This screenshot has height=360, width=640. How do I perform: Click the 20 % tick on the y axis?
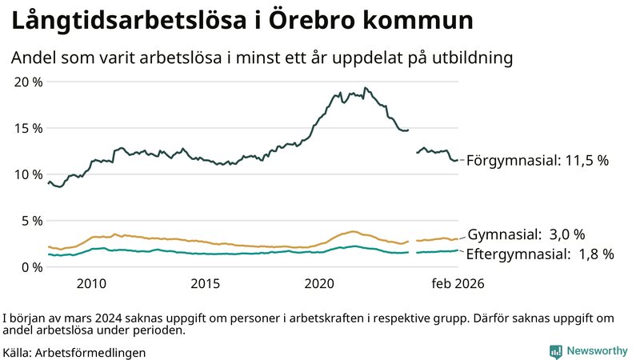[28, 82]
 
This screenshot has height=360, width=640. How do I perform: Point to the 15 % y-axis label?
[28, 128]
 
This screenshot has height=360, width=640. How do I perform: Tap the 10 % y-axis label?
[28, 174]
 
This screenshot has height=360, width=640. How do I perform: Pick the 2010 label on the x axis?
[91, 284]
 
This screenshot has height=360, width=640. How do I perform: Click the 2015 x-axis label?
[206, 284]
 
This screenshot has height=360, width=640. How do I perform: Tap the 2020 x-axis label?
[319, 284]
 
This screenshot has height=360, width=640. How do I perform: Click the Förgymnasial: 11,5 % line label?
[538, 161]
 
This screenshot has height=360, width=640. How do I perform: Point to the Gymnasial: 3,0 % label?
[526, 234]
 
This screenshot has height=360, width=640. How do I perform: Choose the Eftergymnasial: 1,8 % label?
[540, 254]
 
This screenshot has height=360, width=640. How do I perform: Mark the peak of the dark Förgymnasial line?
[365, 88]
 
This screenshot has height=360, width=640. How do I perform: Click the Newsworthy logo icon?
[555, 350]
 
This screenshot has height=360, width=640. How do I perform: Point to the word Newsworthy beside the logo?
[598, 350]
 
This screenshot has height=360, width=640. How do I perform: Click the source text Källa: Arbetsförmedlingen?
[74, 352]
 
